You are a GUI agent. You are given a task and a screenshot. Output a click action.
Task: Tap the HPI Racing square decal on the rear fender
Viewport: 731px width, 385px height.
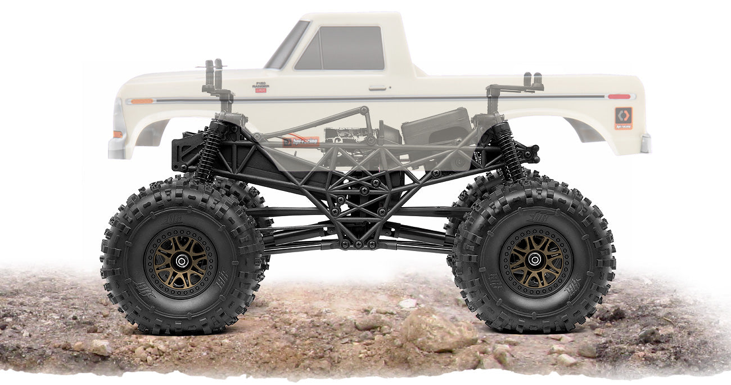[623, 118]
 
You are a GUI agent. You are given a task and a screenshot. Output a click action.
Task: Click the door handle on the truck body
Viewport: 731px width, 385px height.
[377, 88]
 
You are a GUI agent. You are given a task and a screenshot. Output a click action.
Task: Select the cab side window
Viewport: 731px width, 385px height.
[340, 48]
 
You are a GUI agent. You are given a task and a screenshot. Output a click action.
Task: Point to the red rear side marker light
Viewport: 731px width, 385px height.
[619, 97]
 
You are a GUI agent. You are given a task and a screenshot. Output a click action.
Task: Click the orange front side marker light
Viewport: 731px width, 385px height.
[141, 101]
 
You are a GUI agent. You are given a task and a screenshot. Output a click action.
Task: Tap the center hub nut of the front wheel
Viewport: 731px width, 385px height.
[181, 261]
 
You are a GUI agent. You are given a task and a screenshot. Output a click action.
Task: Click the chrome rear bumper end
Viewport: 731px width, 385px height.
[646, 143]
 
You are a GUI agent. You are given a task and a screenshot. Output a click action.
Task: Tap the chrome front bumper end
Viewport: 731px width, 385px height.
[117, 147]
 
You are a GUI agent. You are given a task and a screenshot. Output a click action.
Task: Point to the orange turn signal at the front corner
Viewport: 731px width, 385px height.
[118, 134]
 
